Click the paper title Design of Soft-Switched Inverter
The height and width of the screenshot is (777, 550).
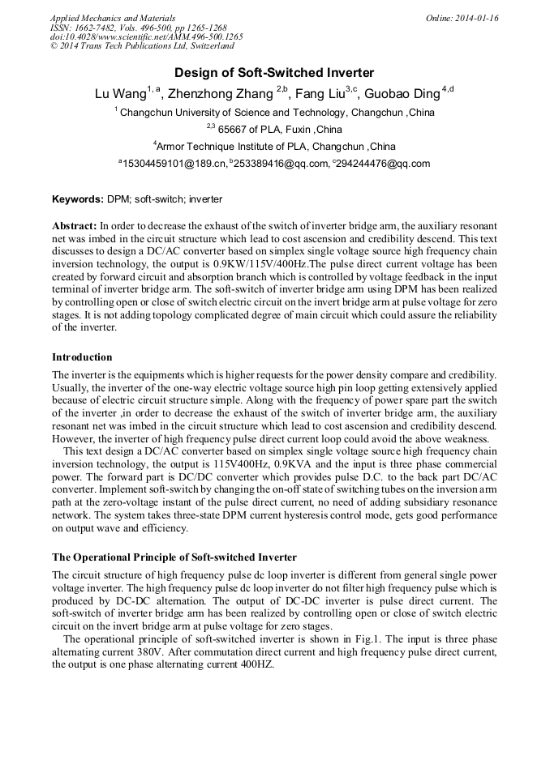(x=274, y=72)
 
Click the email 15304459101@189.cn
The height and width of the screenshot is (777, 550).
(x=174, y=164)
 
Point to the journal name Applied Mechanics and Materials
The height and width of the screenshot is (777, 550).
(x=112, y=18)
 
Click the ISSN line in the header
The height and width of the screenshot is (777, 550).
(x=138, y=28)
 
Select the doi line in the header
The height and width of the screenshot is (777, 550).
(x=146, y=37)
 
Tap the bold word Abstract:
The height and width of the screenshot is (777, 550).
(x=75, y=224)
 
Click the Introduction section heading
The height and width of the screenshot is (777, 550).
(x=82, y=357)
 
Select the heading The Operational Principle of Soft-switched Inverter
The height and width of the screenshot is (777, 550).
(x=174, y=557)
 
